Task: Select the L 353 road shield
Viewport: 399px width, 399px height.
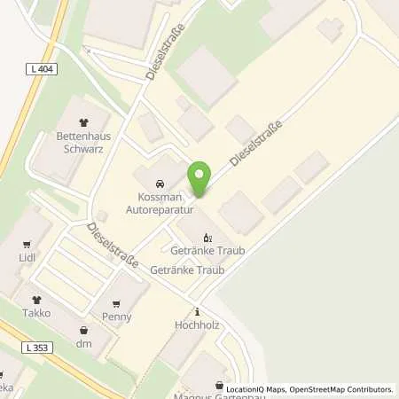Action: pos(36,348)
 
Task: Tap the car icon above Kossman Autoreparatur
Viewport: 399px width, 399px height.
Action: pos(171,183)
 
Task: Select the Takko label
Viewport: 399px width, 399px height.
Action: pos(36,313)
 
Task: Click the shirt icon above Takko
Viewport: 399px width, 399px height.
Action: pos(36,301)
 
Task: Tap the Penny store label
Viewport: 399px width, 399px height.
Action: pos(117,316)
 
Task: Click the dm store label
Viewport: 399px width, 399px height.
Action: pos(84,343)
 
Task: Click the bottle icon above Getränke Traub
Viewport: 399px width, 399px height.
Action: pos(207,238)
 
